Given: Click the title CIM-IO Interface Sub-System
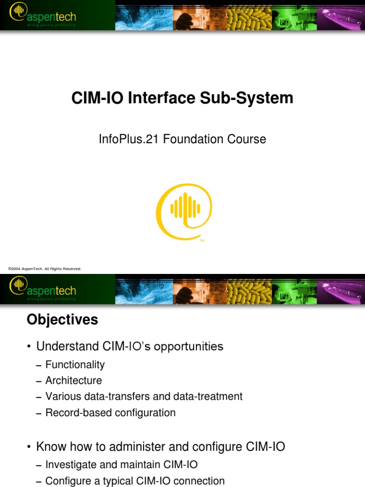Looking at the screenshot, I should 182,98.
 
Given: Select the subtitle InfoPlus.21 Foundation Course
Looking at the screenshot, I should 182,139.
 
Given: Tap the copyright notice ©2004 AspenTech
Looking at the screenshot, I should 45,269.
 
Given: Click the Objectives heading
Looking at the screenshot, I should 62,320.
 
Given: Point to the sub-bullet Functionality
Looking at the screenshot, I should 75,365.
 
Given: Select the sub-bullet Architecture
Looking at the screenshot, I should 73,380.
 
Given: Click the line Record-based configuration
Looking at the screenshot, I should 110,413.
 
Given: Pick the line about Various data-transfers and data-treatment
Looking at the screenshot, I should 144,396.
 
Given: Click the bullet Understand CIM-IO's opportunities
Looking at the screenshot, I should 130,346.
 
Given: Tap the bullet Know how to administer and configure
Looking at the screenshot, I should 161,447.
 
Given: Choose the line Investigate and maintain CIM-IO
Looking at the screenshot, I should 121,465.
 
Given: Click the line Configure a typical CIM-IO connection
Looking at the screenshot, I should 135,481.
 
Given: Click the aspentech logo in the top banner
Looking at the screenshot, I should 43,17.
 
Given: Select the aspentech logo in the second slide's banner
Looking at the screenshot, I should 43,289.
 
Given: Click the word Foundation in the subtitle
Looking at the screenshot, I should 202,139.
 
